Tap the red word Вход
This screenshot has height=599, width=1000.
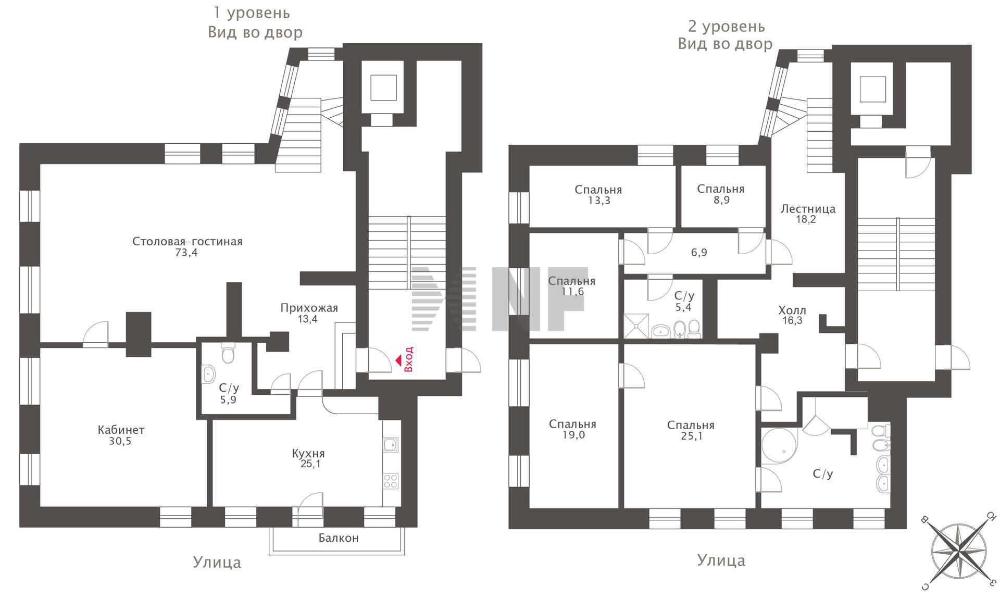point(409,359)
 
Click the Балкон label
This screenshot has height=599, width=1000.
point(339,538)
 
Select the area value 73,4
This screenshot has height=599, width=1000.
point(187,253)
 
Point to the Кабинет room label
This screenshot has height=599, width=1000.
point(121,430)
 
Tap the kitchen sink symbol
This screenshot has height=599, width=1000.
point(391,444)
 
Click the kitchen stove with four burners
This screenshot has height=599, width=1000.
point(391,481)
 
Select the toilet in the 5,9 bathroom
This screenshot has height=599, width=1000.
point(228,353)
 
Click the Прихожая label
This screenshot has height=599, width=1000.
point(309,308)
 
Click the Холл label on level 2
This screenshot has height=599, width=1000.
point(792,310)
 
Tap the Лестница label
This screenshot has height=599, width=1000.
point(808,209)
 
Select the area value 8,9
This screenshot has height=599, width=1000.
point(721,200)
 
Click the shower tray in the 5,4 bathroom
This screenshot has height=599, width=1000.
point(636,326)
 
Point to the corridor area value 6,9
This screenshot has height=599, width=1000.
point(699,253)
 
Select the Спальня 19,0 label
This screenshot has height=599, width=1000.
point(572,430)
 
